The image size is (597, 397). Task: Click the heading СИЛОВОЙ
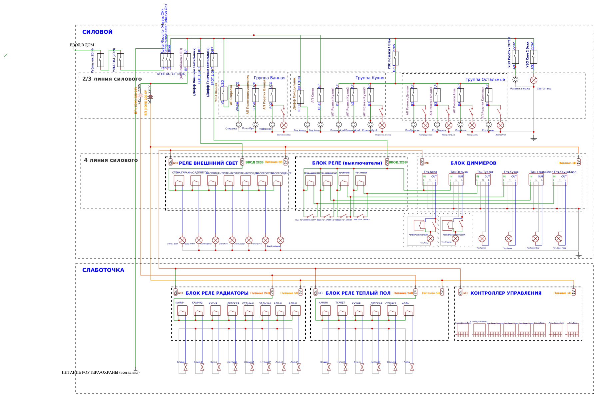coord(97,32)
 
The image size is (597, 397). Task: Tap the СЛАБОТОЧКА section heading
coord(103,270)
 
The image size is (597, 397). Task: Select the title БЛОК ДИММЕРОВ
coord(473,163)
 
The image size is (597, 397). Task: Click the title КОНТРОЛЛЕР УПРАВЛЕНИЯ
coord(506,293)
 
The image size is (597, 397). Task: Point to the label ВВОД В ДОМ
coord(82,45)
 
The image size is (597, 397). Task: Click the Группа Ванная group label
coord(270,78)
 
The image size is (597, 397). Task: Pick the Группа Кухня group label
coord(370,78)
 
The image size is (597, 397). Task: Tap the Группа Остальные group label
coord(485,79)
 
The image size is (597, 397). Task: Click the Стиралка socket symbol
coord(239,125)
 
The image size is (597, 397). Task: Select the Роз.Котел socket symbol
coord(320,125)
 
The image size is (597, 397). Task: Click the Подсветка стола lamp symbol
coord(382,125)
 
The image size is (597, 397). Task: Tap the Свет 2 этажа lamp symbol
coord(534,80)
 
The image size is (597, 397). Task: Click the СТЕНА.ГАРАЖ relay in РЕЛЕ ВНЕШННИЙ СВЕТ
coord(179,180)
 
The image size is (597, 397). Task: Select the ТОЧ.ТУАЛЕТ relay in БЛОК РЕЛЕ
coord(360,180)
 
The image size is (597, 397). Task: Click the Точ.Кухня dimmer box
coord(509,179)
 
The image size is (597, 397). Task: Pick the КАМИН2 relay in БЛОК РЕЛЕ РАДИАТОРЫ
coord(199,311)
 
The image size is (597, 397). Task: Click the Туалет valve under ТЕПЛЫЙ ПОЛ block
coord(345,367)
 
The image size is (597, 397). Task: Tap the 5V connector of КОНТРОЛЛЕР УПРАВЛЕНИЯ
coord(574,292)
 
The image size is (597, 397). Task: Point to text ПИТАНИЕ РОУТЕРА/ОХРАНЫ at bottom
coord(101,372)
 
